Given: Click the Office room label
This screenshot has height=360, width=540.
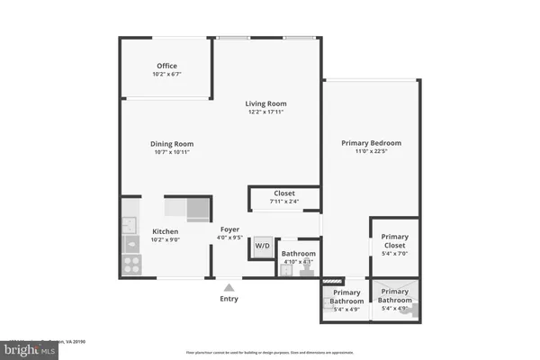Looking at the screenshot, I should (x=166, y=66).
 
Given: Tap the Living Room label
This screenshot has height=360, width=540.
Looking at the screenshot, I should (x=267, y=103).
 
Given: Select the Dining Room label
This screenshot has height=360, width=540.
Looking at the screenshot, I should (x=171, y=144).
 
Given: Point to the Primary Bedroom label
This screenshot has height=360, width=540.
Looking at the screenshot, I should (x=371, y=143).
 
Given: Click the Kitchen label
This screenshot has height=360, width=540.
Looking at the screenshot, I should (x=165, y=231).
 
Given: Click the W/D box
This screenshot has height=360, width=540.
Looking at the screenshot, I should (x=262, y=246).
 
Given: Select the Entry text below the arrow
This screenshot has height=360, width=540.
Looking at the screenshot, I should (x=229, y=299).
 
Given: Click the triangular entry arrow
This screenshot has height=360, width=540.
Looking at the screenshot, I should (x=229, y=286).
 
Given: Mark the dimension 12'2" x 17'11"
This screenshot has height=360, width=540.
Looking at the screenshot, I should (x=267, y=112).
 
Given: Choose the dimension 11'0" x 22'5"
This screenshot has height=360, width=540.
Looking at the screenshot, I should (x=371, y=152).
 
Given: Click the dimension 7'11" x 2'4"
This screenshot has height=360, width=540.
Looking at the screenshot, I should (x=284, y=201).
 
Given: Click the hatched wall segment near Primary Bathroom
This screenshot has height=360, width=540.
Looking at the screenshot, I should (x=334, y=280).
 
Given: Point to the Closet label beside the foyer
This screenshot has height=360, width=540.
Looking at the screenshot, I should (x=284, y=193).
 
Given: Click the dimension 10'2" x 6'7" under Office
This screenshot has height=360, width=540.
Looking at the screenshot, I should (x=166, y=75).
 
